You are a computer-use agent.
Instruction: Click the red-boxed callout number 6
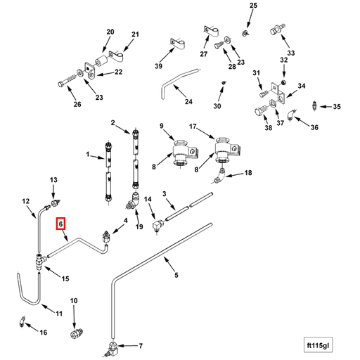pos(60,224)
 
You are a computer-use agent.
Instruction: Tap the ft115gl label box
pos(318,345)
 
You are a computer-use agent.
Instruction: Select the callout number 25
pos(253,5)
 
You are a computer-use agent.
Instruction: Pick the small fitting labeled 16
pos(22,321)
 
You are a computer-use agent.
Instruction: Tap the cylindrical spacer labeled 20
pos(101,61)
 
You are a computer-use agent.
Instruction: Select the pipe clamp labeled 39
pos(177,44)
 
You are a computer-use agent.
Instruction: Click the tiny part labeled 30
pos(224,82)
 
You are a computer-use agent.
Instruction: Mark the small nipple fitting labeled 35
pos(314,105)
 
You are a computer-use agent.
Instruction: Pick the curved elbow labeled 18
pos(220,176)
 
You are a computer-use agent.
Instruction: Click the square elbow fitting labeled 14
pos(158,225)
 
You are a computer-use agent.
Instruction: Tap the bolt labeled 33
pos(277,29)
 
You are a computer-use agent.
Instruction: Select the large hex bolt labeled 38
pos(261,110)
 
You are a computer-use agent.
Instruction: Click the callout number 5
pos(176,275)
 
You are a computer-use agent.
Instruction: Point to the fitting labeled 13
pos(56,202)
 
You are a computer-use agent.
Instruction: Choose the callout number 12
pos(26,201)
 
